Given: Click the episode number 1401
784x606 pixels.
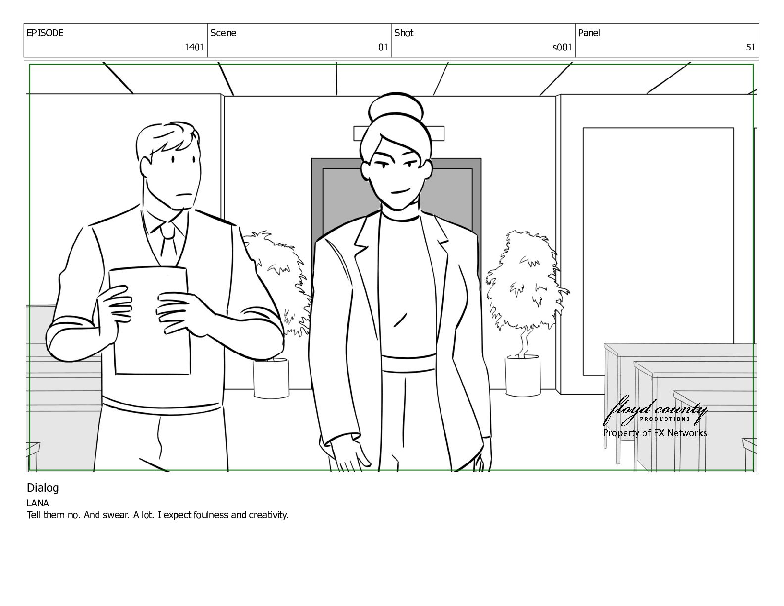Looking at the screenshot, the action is tap(194, 47).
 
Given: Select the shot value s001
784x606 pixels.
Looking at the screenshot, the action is tap(562, 47).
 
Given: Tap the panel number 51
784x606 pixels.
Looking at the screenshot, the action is tap(750, 47).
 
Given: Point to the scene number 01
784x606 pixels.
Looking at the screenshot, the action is tap(383, 47).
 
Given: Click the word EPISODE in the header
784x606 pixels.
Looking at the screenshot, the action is tap(45, 33).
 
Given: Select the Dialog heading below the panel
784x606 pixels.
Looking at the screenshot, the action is tap(43, 488).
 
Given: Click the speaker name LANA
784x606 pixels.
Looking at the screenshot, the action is tap(38, 503).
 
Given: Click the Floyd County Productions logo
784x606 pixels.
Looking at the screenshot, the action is tap(654, 412).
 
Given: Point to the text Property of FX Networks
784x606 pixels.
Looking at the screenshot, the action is tap(655, 433).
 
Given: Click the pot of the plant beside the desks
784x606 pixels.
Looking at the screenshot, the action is tap(523, 376).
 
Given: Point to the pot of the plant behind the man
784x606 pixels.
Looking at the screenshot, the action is tap(271, 378).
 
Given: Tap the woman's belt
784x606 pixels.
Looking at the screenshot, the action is tap(408, 363).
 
